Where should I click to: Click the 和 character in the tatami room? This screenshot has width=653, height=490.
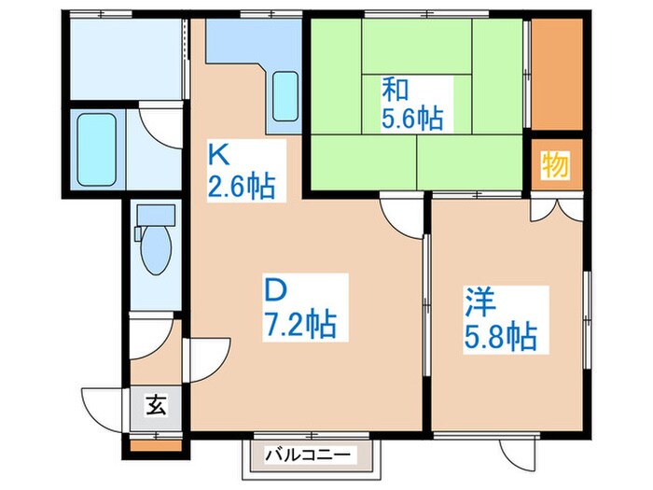coord(393,91)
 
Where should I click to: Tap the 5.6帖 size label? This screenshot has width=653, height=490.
coord(411,119)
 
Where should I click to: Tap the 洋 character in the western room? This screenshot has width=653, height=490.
coord(480,303)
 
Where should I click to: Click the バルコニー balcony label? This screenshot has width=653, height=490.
coord(307,455)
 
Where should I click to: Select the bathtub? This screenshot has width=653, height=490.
coord(96,150)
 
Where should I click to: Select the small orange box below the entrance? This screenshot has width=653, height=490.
coord(145,445)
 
